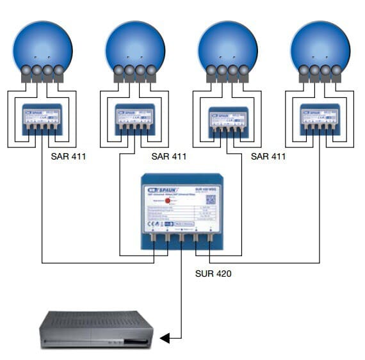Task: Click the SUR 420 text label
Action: [x=214, y=273]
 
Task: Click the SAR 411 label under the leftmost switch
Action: [x=69, y=156]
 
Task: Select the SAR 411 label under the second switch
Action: [x=169, y=156]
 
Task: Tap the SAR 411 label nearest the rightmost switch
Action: [x=268, y=156]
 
